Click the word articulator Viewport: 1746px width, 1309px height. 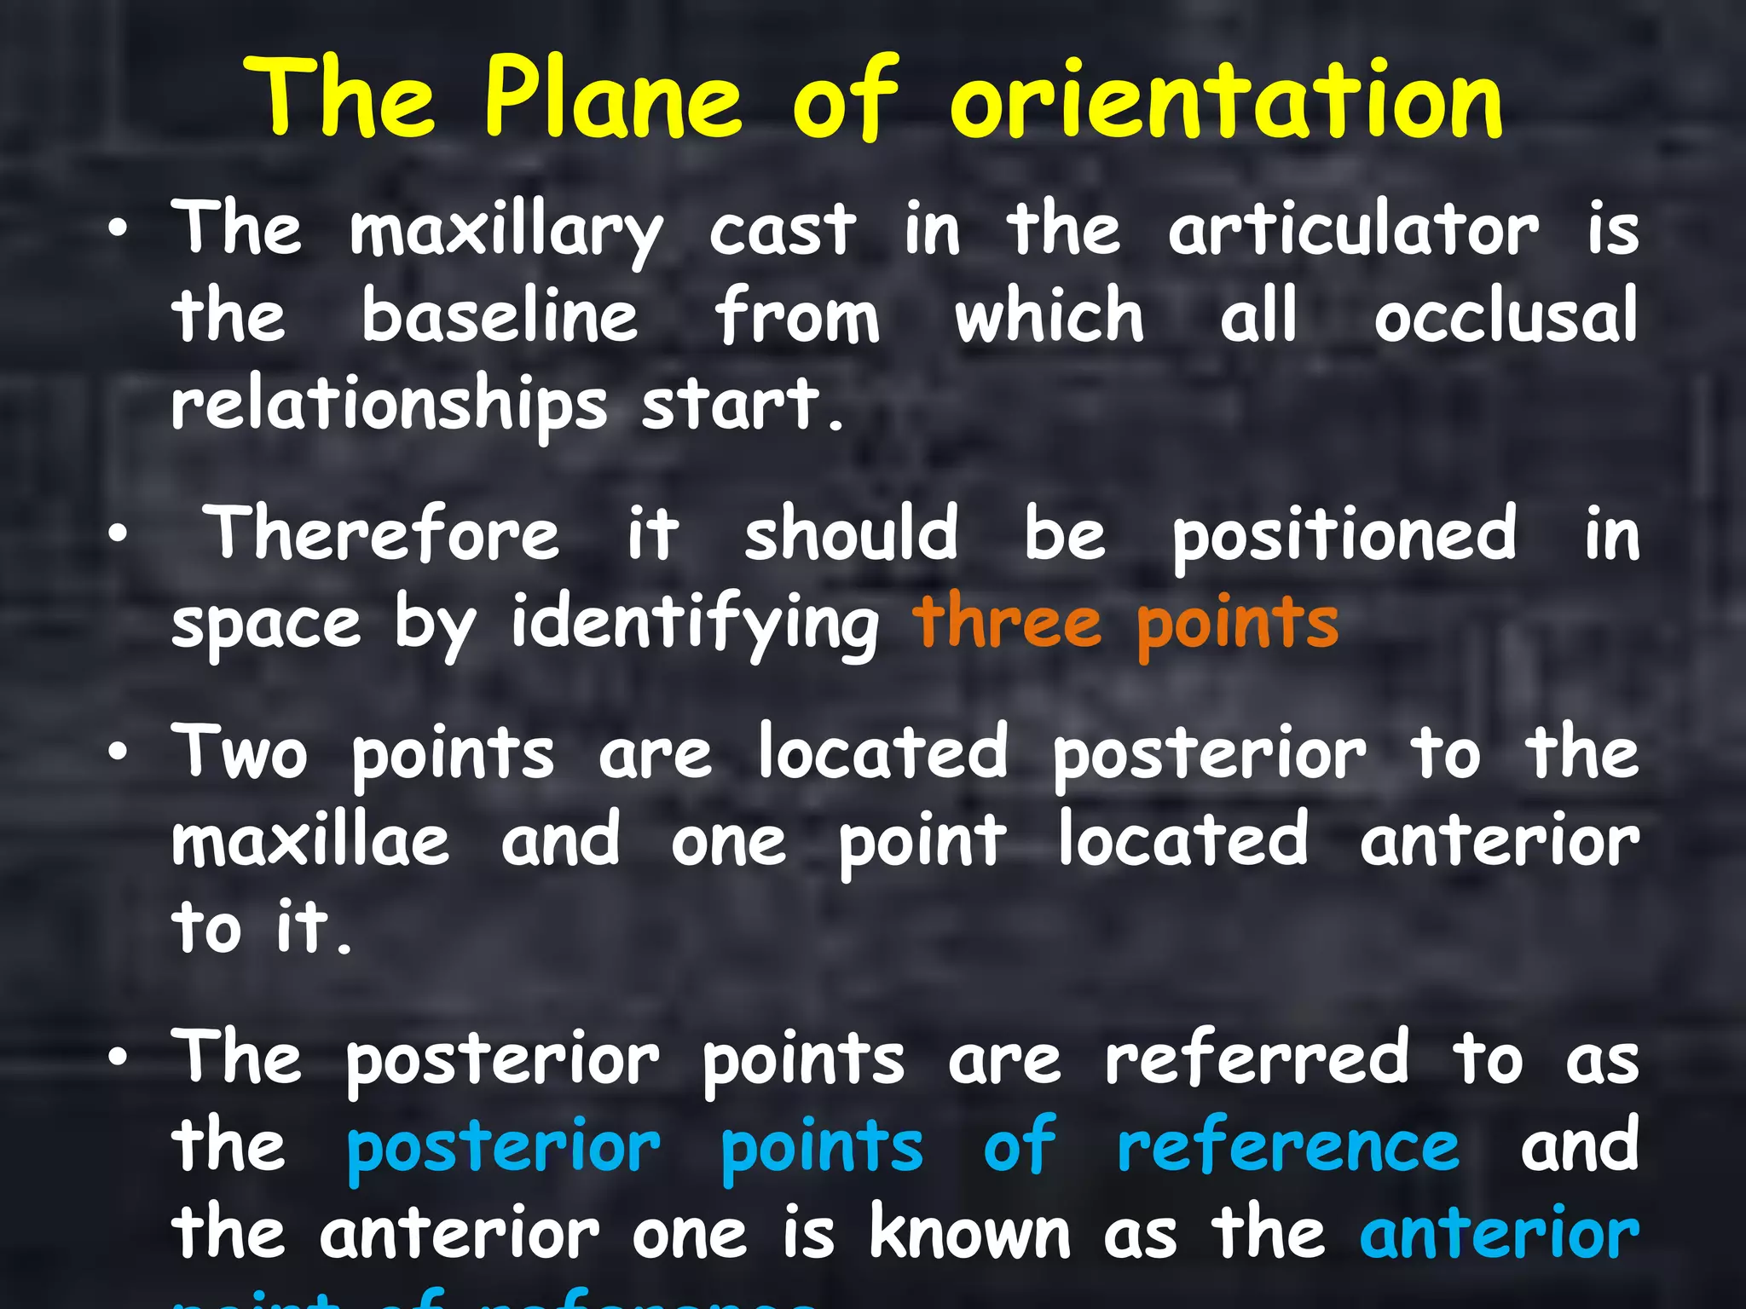[1354, 230]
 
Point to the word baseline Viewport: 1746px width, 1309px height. [500, 316]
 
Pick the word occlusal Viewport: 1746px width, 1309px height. [1506, 316]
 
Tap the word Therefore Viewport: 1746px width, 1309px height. [384, 534]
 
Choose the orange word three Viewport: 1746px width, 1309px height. [1007, 622]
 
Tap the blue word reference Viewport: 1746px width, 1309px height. [1287, 1147]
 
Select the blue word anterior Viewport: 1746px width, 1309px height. [1499, 1234]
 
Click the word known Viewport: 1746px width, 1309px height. [969, 1232]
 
